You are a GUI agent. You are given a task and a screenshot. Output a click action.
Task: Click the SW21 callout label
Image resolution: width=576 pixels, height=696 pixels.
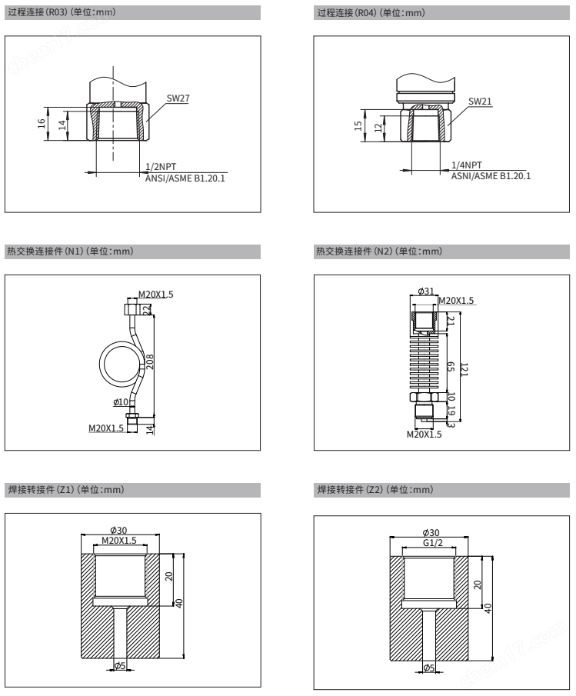[x=480, y=102]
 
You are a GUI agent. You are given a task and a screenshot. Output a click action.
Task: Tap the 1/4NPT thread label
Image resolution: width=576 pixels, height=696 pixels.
[x=466, y=165]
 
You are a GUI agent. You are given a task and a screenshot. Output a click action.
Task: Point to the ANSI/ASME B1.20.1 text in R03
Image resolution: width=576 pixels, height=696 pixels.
[x=187, y=178]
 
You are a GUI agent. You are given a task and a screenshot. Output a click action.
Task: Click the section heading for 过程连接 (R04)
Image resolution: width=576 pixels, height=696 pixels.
[x=370, y=12]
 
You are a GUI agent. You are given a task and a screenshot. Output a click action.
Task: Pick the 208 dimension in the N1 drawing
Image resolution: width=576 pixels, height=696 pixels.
[x=151, y=362]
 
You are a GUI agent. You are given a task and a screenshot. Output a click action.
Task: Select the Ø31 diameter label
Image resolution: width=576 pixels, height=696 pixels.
[x=425, y=291]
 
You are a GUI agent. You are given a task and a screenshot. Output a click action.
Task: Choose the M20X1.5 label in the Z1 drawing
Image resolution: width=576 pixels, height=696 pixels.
[x=119, y=541]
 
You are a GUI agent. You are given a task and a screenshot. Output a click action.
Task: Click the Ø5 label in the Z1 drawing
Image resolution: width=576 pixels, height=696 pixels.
[x=119, y=666]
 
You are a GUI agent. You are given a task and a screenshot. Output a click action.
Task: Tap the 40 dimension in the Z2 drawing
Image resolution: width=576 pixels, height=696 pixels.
[x=488, y=608]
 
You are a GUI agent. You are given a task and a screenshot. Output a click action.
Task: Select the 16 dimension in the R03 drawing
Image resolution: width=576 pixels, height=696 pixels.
[x=42, y=125]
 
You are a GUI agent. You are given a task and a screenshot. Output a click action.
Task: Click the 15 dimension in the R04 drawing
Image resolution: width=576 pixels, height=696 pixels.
[x=358, y=125]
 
